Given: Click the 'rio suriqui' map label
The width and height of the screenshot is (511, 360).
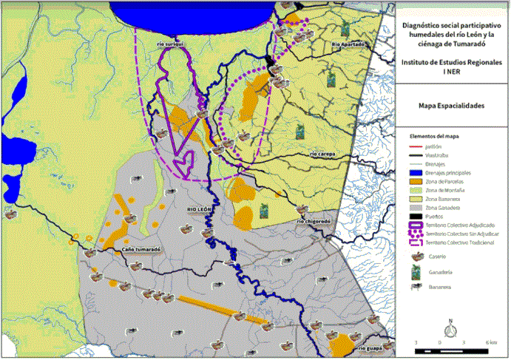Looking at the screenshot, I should tap(169, 44).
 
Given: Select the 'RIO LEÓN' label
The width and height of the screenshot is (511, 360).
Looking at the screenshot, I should tap(200, 210).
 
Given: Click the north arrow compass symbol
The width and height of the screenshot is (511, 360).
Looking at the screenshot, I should tap(450, 327).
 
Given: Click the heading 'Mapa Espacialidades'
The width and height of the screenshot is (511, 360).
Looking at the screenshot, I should tap(451, 106).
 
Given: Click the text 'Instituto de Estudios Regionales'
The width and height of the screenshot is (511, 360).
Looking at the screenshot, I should tap(451, 63).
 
